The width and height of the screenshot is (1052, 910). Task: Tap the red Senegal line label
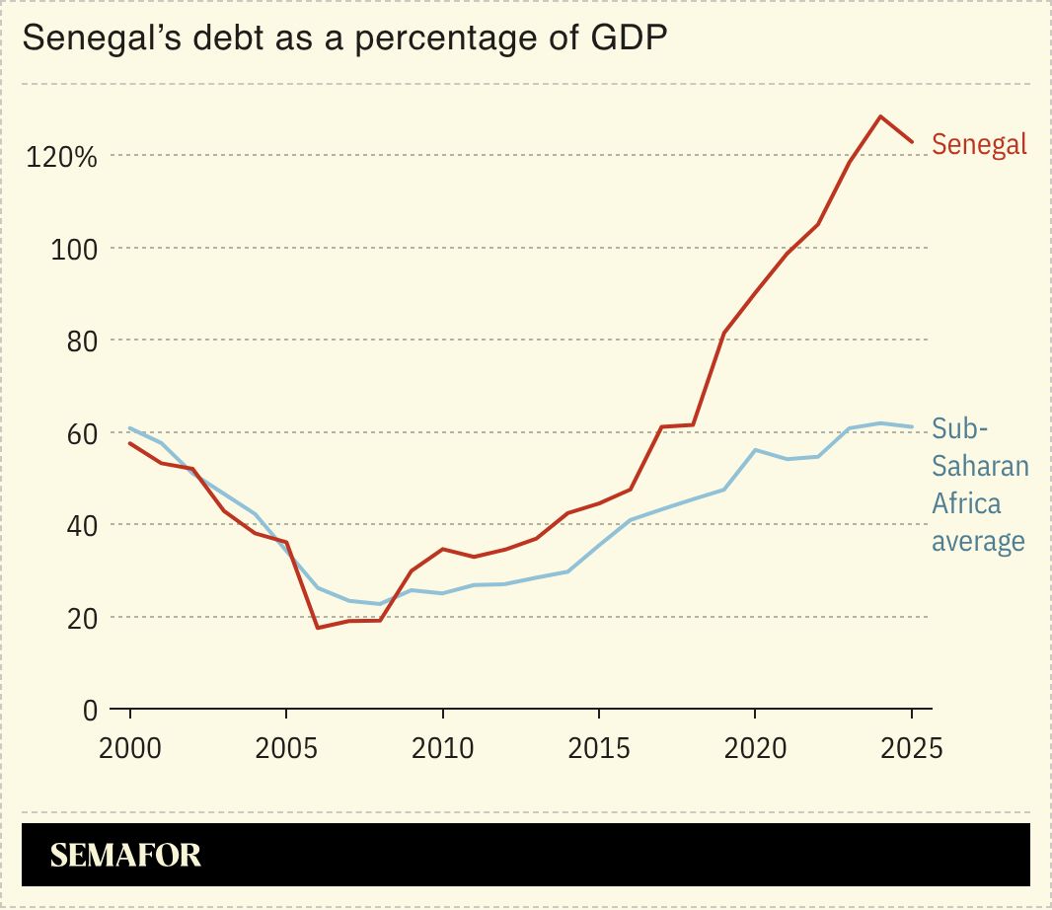pyautogui.click(x=979, y=144)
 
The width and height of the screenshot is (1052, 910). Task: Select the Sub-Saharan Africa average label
pyautogui.click(x=980, y=485)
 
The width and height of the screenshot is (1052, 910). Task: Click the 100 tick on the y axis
pyautogui.click(x=75, y=249)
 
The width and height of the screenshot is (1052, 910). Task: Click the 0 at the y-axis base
pyautogui.click(x=90, y=710)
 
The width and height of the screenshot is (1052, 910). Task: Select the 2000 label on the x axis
pyautogui.click(x=129, y=747)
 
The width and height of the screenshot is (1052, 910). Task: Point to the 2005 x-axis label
pyautogui.click(x=286, y=747)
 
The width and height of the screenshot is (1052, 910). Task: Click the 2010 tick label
pyautogui.click(x=442, y=747)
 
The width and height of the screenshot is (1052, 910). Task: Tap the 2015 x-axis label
pyautogui.click(x=598, y=747)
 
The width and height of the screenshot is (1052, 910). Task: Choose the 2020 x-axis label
pyautogui.click(x=755, y=747)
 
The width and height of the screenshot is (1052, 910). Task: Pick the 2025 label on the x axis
pyautogui.click(x=910, y=747)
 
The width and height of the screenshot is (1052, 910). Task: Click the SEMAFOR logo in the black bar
pyautogui.click(x=125, y=855)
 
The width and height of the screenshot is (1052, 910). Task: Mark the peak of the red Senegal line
pyautogui.click(x=880, y=116)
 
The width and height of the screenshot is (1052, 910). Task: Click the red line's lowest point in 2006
pyautogui.click(x=317, y=628)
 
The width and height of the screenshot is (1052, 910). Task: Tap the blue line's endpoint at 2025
pyautogui.click(x=912, y=426)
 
